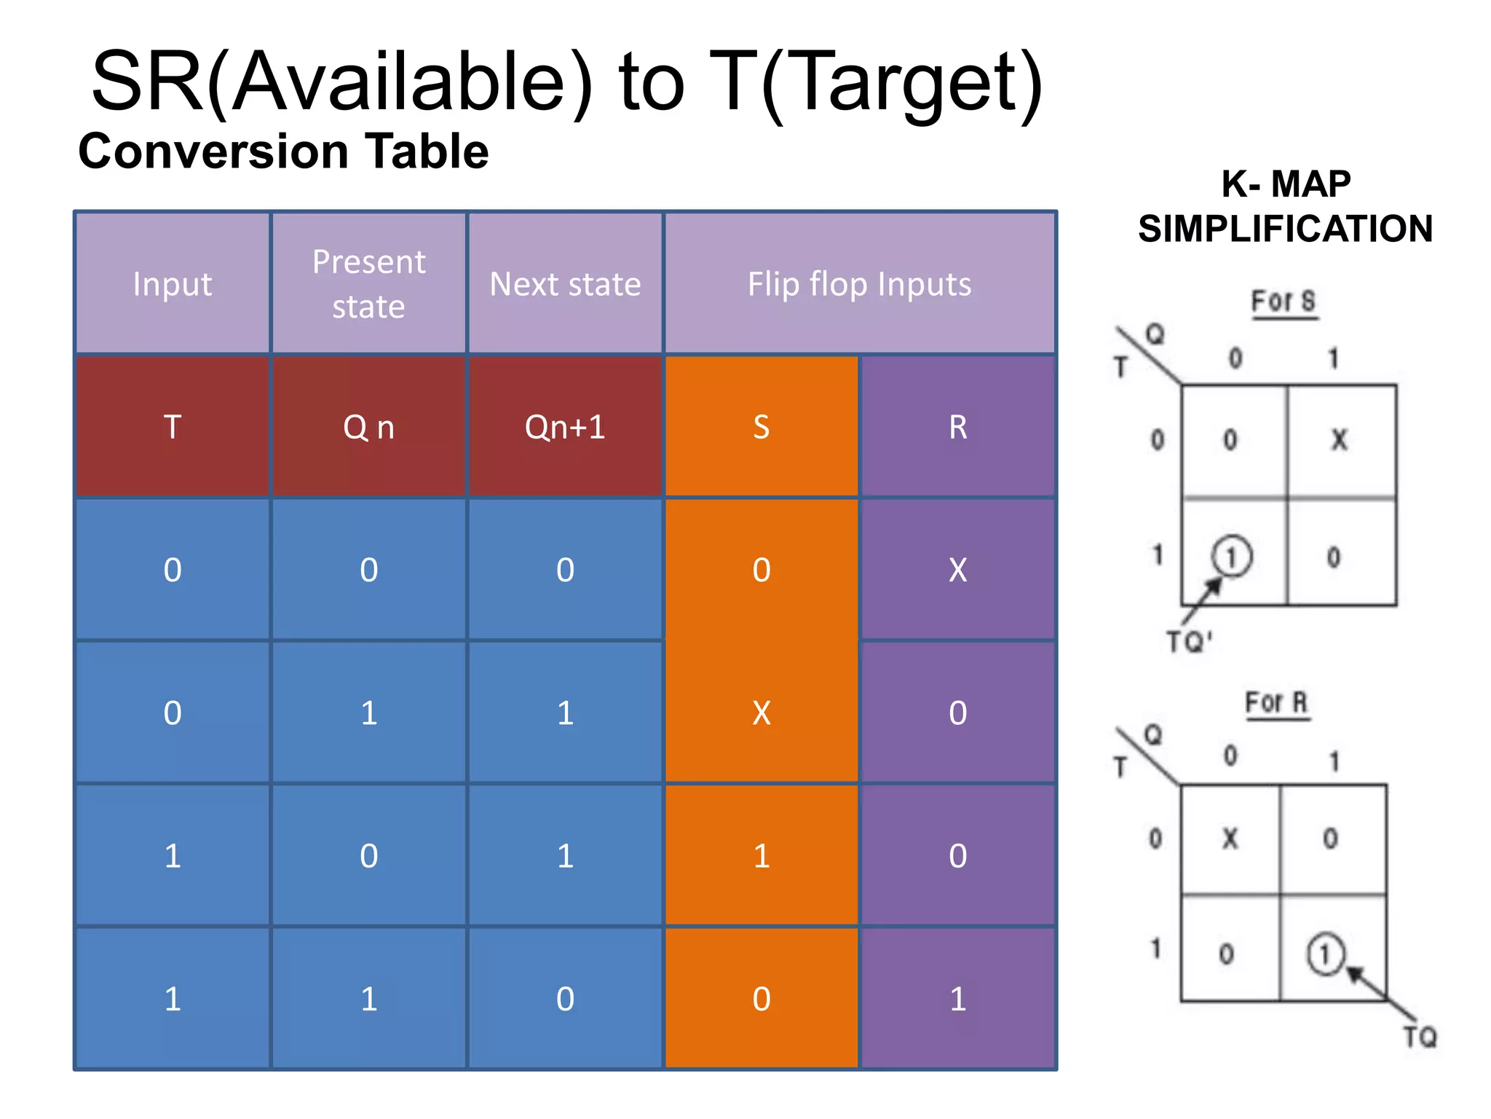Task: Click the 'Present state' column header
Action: (x=368, y=283)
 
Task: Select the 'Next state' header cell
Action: (x=565, y=283)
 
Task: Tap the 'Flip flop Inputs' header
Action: (x=859, y=283)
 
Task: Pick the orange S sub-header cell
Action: (x=761, y=427)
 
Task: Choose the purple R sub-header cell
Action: (x=957, y=427)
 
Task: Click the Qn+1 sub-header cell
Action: (x=565, y=427)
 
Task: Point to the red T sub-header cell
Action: (x=173, y=427)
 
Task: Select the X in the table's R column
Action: (x=957, y=570)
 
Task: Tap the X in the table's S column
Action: (x=761, y=713)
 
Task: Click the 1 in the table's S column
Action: (x=761, y=856)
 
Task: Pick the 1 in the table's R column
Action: (x=957, y=999)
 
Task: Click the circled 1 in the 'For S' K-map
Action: (x=1231, y=557)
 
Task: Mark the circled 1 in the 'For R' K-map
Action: (x=1325, y=954)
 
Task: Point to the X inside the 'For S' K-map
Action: (x=1340, y=440)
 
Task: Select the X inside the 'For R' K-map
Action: (x=1230, y=839)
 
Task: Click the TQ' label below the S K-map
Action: (x=1189, y=642)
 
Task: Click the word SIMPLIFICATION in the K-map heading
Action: (x=1286, y=229)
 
